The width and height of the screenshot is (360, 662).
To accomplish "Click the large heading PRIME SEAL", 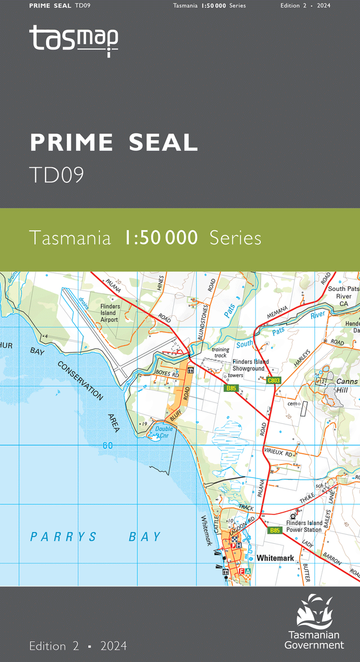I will [x=114, y=143].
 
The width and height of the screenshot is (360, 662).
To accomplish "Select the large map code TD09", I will [x=57, y=175].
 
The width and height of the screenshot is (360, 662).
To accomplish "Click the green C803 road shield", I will [x=274, y=381].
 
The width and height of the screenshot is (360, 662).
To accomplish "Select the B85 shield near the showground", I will [x=231, y=388].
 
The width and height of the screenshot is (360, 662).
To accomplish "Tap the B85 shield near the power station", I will [x=274, y=530].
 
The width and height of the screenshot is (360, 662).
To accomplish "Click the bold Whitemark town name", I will [x=275, y=558].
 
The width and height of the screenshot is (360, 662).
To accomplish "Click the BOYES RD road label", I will [x=166, y=373].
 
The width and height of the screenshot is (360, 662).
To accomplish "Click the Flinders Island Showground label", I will [x=250, y=365].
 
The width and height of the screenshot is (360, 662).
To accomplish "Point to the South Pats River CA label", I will [x=343, y=296].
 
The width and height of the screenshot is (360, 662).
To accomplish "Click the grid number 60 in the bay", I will [x=107, y=446].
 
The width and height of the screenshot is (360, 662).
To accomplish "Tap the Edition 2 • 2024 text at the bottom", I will [x=78, y=645].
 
